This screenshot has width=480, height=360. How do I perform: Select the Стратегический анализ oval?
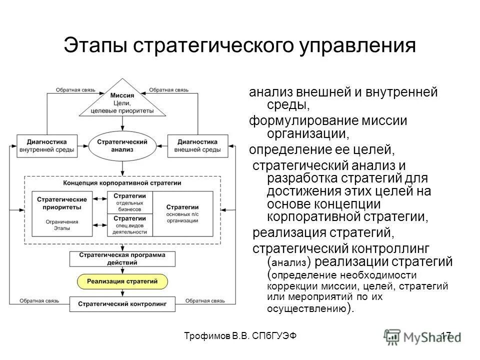pos(122,145)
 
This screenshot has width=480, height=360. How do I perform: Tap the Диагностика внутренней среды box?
pos(47,145)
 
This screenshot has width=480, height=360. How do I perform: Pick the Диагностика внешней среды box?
pos(198,145)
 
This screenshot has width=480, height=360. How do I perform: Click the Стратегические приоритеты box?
pos(62,213)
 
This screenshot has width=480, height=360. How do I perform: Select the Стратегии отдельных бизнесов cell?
pos(129,202)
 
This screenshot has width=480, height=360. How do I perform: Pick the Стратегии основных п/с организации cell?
pos(182,213)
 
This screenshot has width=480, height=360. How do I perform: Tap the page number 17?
pos(446,336)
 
